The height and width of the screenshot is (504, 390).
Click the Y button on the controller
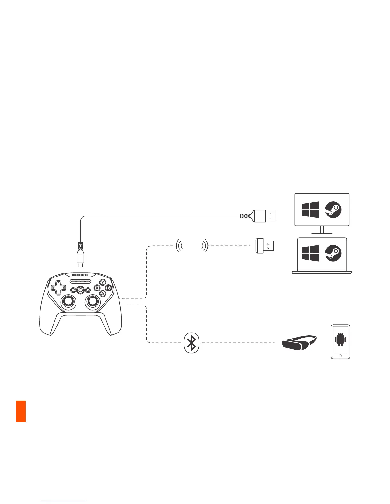pos(103,282)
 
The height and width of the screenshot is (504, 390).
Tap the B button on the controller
pos(108,288)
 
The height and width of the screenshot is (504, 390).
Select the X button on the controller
pos(97,288)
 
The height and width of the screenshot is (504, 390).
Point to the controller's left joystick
pos(69,301)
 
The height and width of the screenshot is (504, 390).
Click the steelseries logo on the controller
pos(80,275)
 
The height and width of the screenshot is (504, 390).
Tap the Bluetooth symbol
pos(191,343)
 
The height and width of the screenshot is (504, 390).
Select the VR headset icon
pos(299,343)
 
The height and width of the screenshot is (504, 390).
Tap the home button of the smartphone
pos(340,356)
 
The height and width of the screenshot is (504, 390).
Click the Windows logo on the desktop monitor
pos(311,210)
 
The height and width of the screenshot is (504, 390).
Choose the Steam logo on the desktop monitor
pos(333,210)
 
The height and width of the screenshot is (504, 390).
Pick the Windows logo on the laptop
pos(311,253)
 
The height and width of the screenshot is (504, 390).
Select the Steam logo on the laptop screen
pos(333,253)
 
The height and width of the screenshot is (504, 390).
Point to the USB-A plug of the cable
pos(264,216)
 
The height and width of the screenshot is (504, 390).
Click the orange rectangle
pos(21,411)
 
